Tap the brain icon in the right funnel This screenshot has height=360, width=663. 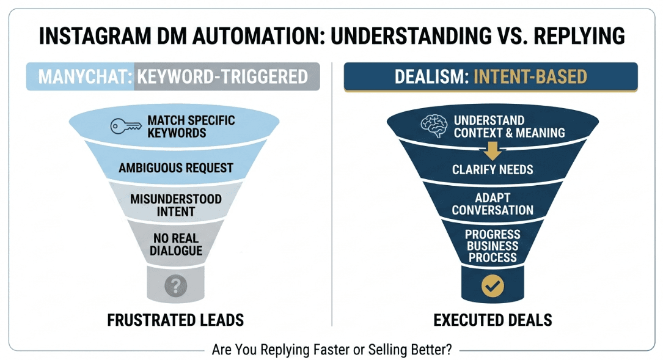click(x=435, y=125)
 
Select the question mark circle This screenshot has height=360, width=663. click(x=175, y=285)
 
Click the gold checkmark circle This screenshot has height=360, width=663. click(x=492, y=285)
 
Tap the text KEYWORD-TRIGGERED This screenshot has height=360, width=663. click(x=222, y=77)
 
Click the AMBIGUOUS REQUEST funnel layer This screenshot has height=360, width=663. click(x=176, y=167)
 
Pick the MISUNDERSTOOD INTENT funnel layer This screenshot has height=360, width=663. click(x=176, y=205)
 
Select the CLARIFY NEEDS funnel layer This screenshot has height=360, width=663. click(x=493, y=170)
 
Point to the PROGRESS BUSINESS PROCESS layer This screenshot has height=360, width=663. click(x=493, y=246)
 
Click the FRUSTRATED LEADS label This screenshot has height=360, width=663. click(x=175, y=320)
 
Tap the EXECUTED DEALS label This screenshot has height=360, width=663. click(x=493, y=320)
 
